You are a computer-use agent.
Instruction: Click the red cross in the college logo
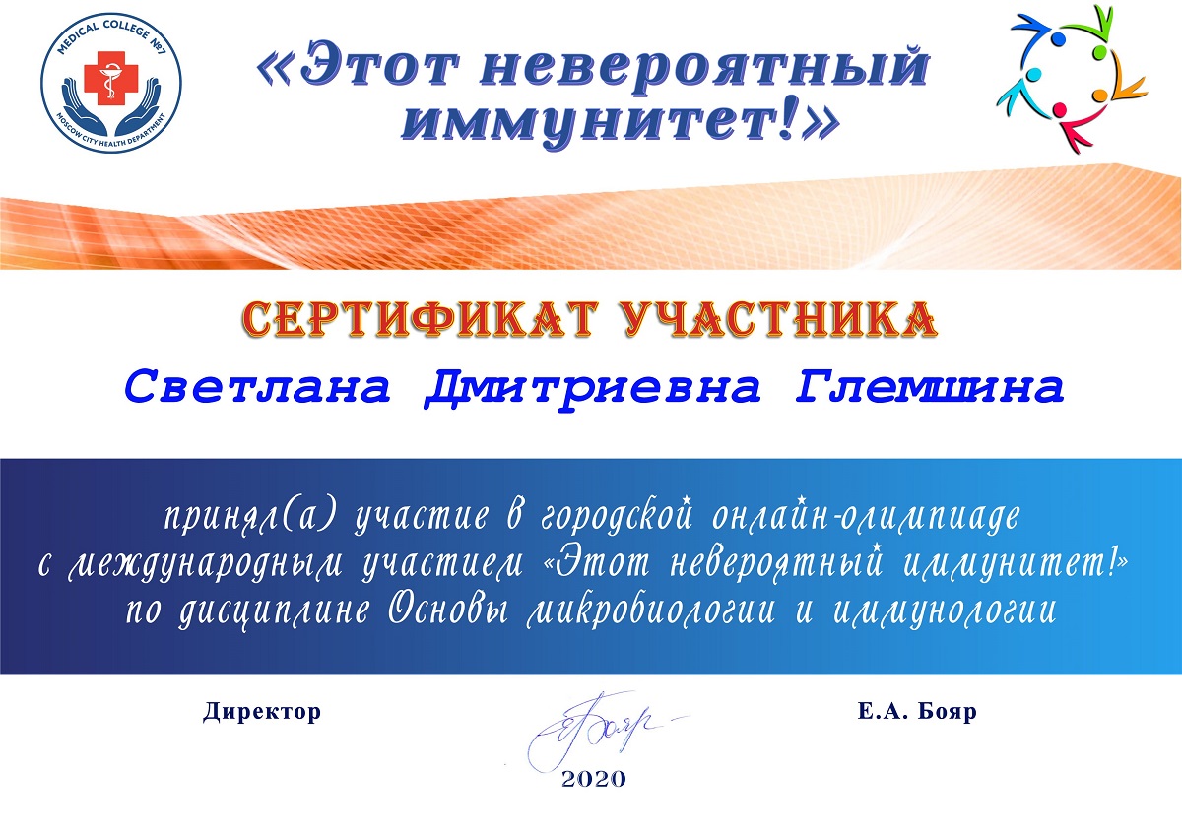click(111, 78)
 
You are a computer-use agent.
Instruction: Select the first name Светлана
click(257, 387)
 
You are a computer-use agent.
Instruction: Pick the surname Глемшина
click(929, 387)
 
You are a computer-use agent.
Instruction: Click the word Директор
click(262, 711)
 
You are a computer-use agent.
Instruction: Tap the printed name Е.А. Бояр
click(917, 711)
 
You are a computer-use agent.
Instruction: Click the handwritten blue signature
click(591, 729)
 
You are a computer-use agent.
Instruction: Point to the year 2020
click(594, 779)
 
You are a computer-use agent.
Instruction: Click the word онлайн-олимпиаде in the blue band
click(866, 515)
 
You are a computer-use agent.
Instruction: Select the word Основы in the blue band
click(448, 611)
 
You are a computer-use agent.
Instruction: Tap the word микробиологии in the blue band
click(651, 612)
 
